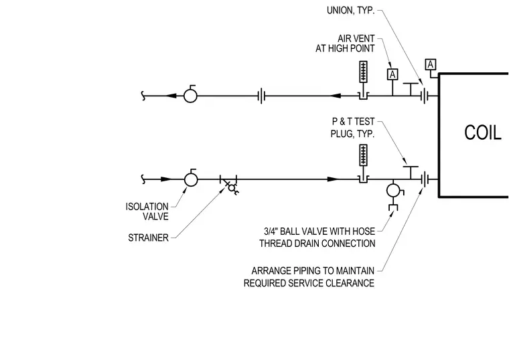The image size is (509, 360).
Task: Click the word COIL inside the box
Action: pos(483,132)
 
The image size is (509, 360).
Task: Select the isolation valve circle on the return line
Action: pos(190,96)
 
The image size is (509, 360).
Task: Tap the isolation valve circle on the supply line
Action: pos(191,179)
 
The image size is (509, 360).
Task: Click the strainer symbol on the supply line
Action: pos(229,183)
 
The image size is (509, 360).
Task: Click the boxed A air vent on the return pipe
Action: pos(392,74)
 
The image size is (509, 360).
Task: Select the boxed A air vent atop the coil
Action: pos(431,64)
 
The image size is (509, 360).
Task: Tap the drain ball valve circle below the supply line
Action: pos(393,191)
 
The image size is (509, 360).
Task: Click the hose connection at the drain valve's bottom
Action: pos(393,207)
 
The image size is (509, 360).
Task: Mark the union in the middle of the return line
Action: pos(262,96)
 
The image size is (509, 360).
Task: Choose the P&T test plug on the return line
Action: pos(411,89)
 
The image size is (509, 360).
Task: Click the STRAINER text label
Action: pos(149,238)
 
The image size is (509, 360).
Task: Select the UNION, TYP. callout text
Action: pos(350,11)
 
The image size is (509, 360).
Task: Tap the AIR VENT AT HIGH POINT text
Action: pos(345,43)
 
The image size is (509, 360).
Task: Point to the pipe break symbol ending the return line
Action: pos(143,96)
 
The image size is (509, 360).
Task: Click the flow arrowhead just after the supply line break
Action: pos(166,179)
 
